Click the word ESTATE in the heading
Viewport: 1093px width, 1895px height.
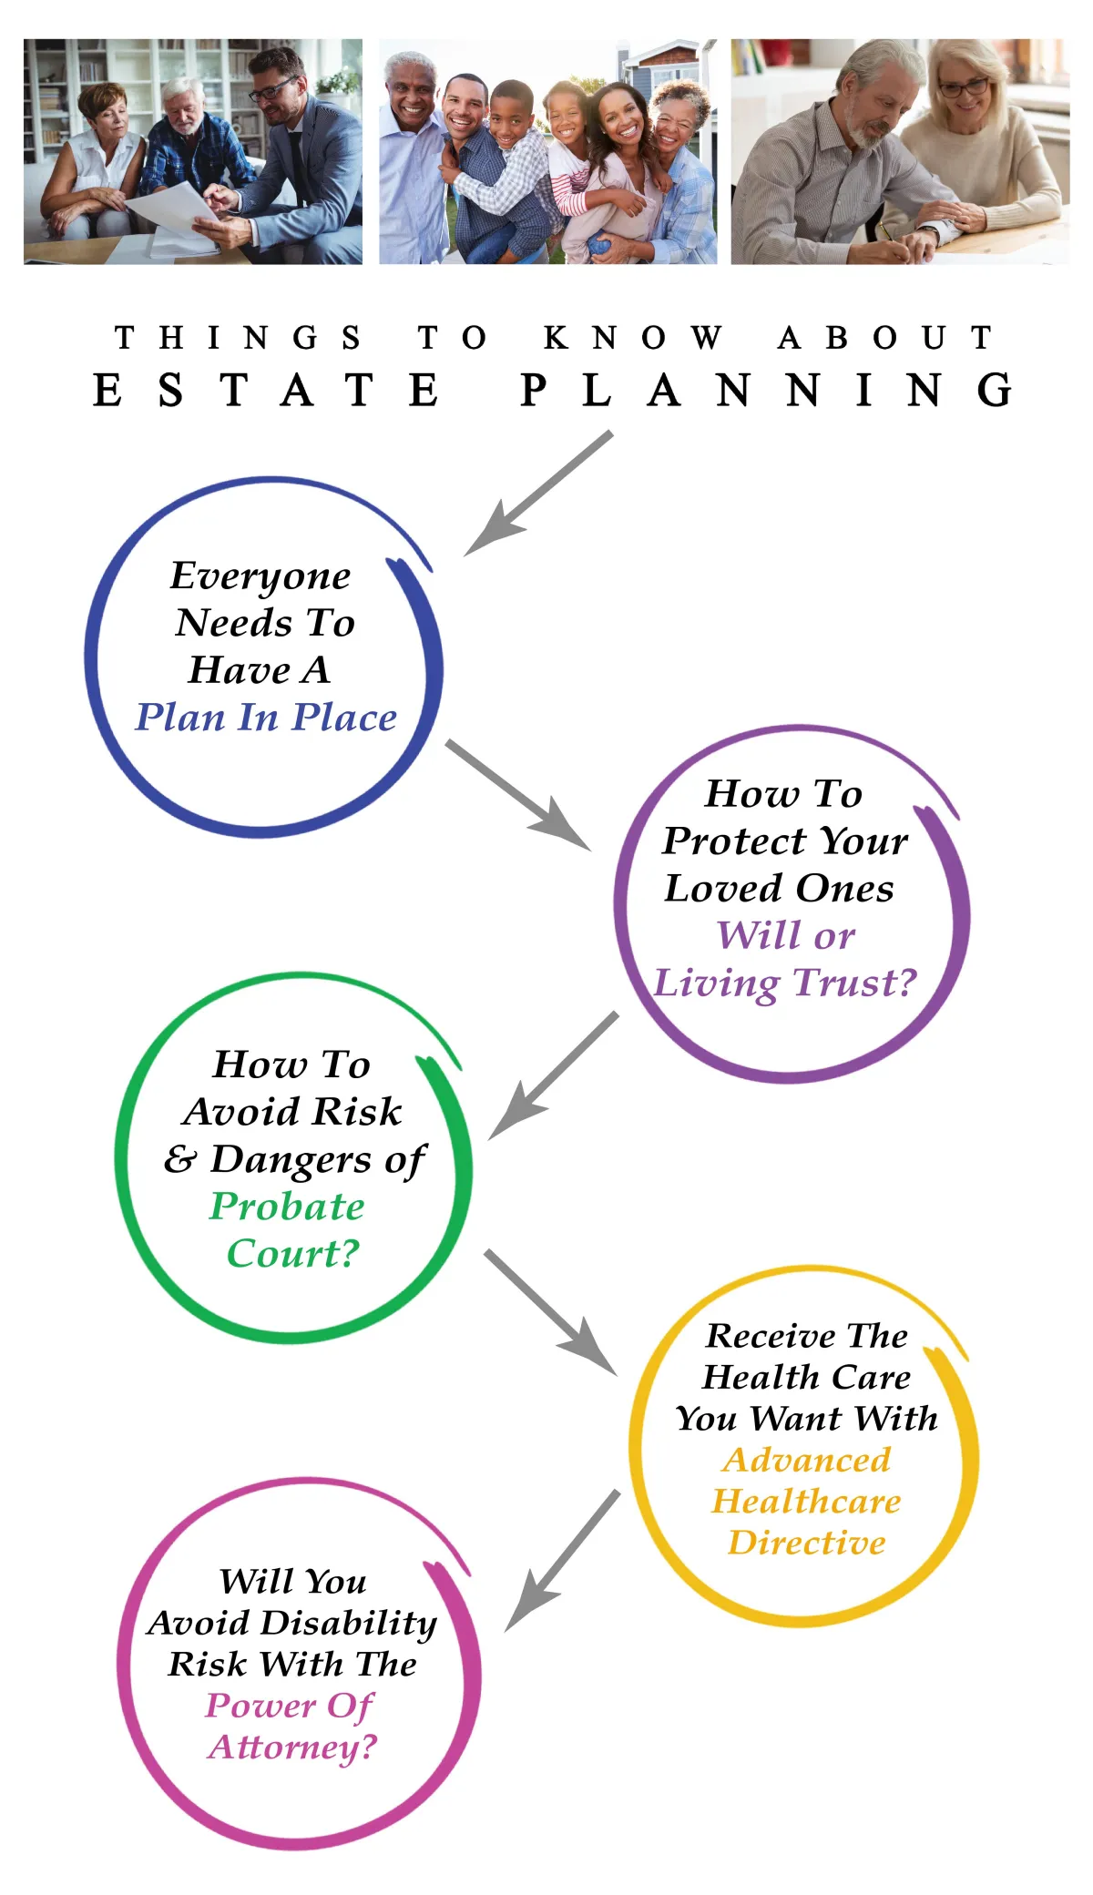click(x=267, y=391)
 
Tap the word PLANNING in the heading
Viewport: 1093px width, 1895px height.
click(x=766, y=391)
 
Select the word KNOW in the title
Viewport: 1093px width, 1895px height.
click(x=634, y=338)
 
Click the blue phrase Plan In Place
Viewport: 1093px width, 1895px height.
click(x=266, y=718)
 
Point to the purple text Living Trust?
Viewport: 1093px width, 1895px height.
click(x=785, y=983)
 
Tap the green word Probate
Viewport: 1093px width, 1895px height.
click(x=287, y=1207)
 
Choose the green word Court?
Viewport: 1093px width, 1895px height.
click(x=293, y=1254)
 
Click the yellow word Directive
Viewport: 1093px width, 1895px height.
click(x=807, y=1543)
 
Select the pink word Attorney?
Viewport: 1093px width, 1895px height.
click(x=292, y=1747)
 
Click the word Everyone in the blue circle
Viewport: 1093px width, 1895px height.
click(x=260, y=576)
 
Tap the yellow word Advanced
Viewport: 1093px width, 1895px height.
click(x=807, y=1460)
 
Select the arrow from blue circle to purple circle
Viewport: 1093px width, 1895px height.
click(x=517, y=795)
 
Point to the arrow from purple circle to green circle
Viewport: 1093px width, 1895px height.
click(x=553, y=1076)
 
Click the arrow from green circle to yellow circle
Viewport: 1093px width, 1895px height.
click(x=550, y=1312)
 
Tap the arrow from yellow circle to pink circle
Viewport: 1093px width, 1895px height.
click(x=562, y=1560)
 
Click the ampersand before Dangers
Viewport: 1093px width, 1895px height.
click(x=180, y=1159)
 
